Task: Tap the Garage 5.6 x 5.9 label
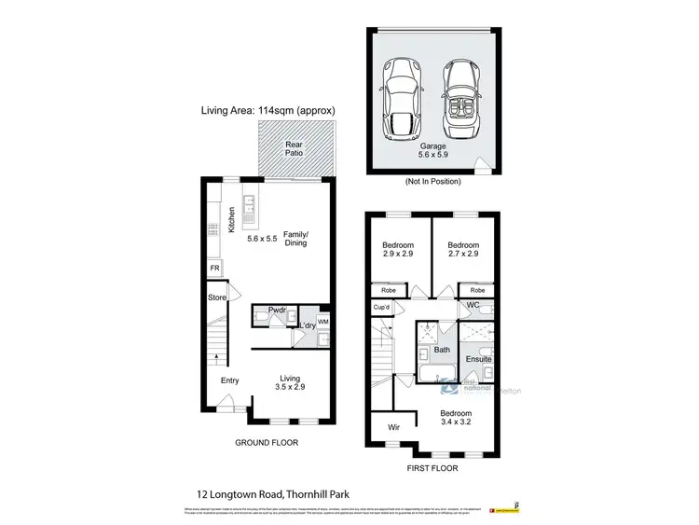click(431, 154)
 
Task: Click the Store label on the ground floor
click(217, 298)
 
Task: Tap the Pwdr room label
click(276, 310)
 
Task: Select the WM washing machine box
click(323, 322)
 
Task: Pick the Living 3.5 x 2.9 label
click(294, 383)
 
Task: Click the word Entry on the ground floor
click(229, 380)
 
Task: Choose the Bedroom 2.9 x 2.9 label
click(397, 249)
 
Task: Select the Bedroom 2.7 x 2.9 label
click(464, 249)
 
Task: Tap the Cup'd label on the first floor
click(380, 307)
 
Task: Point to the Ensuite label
click(479, 359)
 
